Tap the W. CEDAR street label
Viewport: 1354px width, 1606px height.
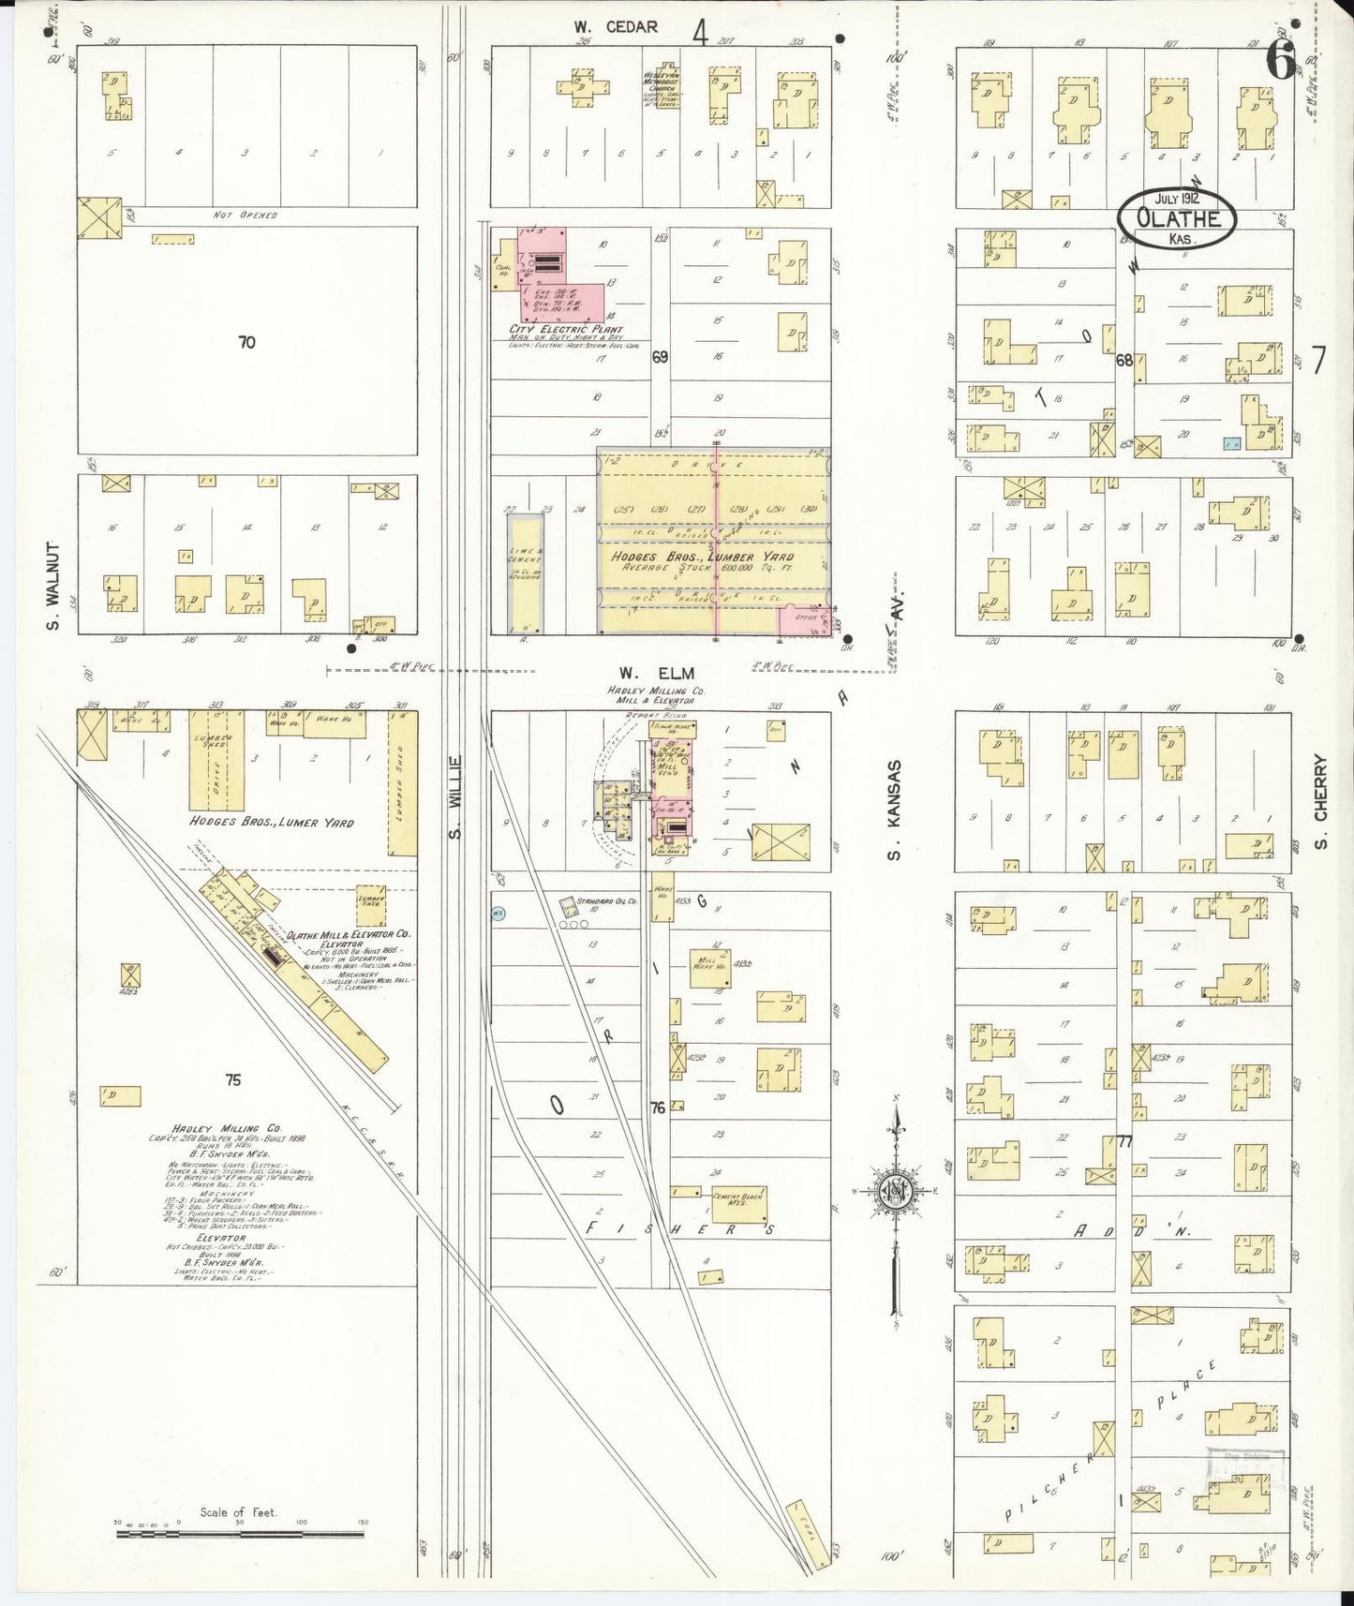(x=616, y=27)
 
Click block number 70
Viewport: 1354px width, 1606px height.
(x=246, y=343)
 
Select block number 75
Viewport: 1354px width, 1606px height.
(x=232, y=1080)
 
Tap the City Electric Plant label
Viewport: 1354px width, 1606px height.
(x=565, y=330)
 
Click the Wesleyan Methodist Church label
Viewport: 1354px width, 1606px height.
(x=661, y=84)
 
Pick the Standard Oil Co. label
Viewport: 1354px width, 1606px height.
(x=607, y=901)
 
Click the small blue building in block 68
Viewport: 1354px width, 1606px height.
(x=1231, y=443)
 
